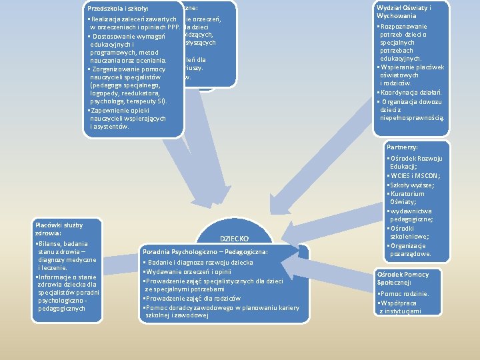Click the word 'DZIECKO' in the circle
(234, 238)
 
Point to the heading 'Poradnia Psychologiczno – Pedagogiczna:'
(205, 252)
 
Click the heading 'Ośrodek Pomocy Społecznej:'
(403, 279)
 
